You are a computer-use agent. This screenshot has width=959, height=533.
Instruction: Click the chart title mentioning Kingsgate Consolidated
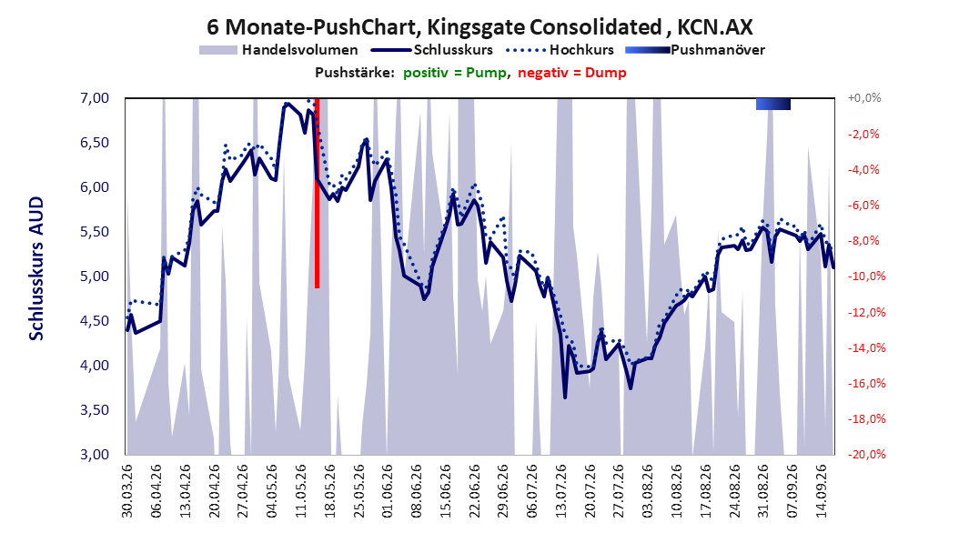[479, 27]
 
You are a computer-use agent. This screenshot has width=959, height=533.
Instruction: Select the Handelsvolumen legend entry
[278, 50]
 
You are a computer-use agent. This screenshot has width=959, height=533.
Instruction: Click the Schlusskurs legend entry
[432, 50]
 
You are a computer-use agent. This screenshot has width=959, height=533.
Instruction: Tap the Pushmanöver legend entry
[695, 50]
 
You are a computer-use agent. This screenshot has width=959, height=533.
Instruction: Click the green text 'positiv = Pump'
[455, 73]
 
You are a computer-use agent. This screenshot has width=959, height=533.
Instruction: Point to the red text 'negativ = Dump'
[572, 73]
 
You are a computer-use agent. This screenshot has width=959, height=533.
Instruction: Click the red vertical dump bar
[317, 193]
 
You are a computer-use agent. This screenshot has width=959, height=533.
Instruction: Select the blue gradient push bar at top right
[773, 104]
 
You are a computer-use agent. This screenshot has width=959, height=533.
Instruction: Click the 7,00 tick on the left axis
[95, 98]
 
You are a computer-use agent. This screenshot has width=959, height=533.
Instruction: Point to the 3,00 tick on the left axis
[95, 455]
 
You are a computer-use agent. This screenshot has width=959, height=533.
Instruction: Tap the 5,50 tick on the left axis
[95, 232]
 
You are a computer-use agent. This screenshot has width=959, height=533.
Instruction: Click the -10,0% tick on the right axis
[866, 277]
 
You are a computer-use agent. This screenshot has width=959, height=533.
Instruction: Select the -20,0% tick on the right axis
[866, 455]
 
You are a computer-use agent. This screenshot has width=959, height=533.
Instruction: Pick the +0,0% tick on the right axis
[864, 98]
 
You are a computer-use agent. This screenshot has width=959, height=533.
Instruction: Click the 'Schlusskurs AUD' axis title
[36, 268]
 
